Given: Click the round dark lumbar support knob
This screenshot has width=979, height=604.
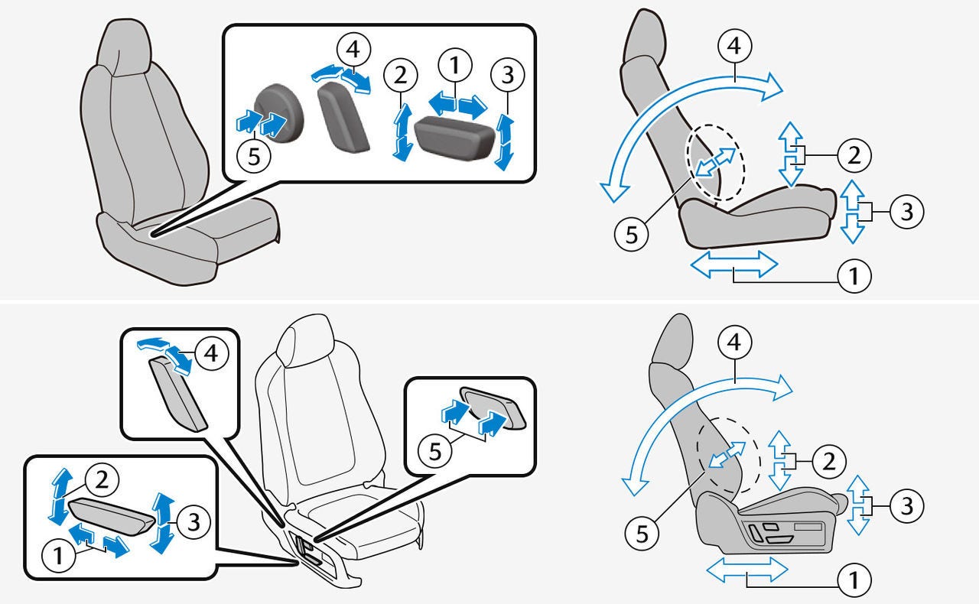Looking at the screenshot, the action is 279,112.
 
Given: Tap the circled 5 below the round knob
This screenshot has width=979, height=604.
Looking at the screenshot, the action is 254,156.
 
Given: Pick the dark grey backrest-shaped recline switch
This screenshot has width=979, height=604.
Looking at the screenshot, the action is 343,117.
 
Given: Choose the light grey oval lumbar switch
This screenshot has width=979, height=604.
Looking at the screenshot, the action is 493,408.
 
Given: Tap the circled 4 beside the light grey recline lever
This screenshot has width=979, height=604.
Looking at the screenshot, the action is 212,353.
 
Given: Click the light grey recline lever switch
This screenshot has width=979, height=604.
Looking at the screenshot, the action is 178,393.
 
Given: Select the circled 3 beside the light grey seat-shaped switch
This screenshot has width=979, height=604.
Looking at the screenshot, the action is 194,522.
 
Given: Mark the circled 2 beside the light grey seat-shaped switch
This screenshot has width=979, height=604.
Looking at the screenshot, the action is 102,480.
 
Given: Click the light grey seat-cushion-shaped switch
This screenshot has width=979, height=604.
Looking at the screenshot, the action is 111,516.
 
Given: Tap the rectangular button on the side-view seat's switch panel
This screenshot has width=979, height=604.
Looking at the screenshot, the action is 808,527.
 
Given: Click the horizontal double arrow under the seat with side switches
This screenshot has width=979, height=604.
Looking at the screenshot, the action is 747,570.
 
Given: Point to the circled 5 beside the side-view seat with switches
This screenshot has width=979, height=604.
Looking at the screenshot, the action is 642,533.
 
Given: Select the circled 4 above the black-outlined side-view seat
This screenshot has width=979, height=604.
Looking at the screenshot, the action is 735,46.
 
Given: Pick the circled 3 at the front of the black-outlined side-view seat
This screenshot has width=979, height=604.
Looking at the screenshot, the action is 907,212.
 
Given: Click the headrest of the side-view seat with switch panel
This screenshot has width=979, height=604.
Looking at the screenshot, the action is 675,339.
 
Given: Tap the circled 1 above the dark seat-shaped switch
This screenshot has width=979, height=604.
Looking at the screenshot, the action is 455,65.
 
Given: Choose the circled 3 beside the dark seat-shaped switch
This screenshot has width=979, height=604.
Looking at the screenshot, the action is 507,75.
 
